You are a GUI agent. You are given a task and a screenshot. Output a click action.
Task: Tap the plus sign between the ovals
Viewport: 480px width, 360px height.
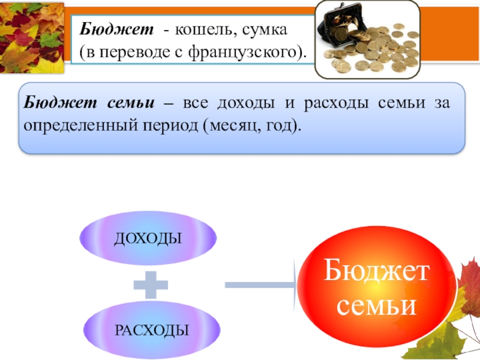pyautogui.click(x=150, y=284)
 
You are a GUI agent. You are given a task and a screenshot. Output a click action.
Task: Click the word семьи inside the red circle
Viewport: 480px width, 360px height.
pyautogui.click(x=377, y=305)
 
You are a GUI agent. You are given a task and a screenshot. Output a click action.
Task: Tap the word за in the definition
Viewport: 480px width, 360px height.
pyautogui.click(x=440, y=104)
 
